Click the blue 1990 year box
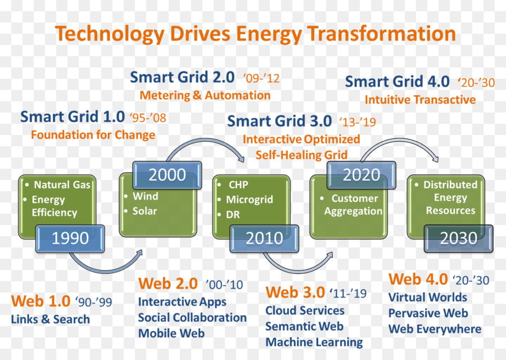tap(70, 238)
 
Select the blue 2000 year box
tap(167, 175)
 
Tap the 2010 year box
tap(264, 238)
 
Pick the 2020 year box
tap(362, 175)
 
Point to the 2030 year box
tap(459, 238)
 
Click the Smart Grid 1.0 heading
tap(73, 116)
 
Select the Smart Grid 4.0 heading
tap(397, 82)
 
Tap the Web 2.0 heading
tap(168, 283)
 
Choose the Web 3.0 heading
tap(295, 292)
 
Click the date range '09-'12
tap(261, 78)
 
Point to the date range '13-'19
tap(358, 122)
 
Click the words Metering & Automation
tap(205, 95)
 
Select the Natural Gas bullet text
tap(62, 184)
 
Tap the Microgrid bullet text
tap(250, 200)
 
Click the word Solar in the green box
tap(144, 211)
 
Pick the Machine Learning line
tap(314, 342)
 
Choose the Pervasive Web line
tap(428, 313)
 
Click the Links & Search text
tap(51, 319)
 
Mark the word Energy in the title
tap(269, 34)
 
